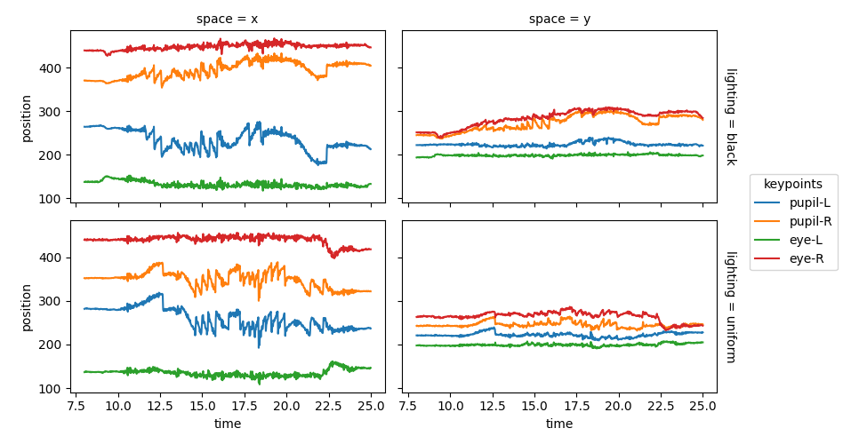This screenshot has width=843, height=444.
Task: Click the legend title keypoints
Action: click(x=793, y=184)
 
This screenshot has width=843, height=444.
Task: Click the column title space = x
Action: click(x=227, y=19)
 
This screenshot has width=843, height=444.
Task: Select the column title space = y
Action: click(x=558, y=19)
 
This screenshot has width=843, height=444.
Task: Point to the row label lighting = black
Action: click(x=730, y=116)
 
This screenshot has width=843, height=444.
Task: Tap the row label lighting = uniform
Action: click(x=730, y=306)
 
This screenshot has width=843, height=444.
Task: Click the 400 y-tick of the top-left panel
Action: click(x=52, y=68)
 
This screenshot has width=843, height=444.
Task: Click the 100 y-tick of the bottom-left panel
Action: click(x=52, y=389)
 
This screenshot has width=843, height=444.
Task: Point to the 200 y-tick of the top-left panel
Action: click(x=52, y=155)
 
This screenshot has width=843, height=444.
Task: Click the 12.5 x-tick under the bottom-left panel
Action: click(x=160, y=406)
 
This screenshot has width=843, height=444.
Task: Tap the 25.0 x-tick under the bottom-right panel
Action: click(x=702, y=406)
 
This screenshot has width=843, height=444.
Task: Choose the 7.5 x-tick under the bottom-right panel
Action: click(x=407, y=406)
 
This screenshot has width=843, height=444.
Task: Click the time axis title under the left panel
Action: click(x=227, y=424)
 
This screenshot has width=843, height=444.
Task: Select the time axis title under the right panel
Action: click(x=558, y=424)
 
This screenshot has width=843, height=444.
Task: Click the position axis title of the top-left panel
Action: click(x=26, y=116)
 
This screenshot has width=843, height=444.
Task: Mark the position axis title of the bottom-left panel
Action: click(x=26, y=306)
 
